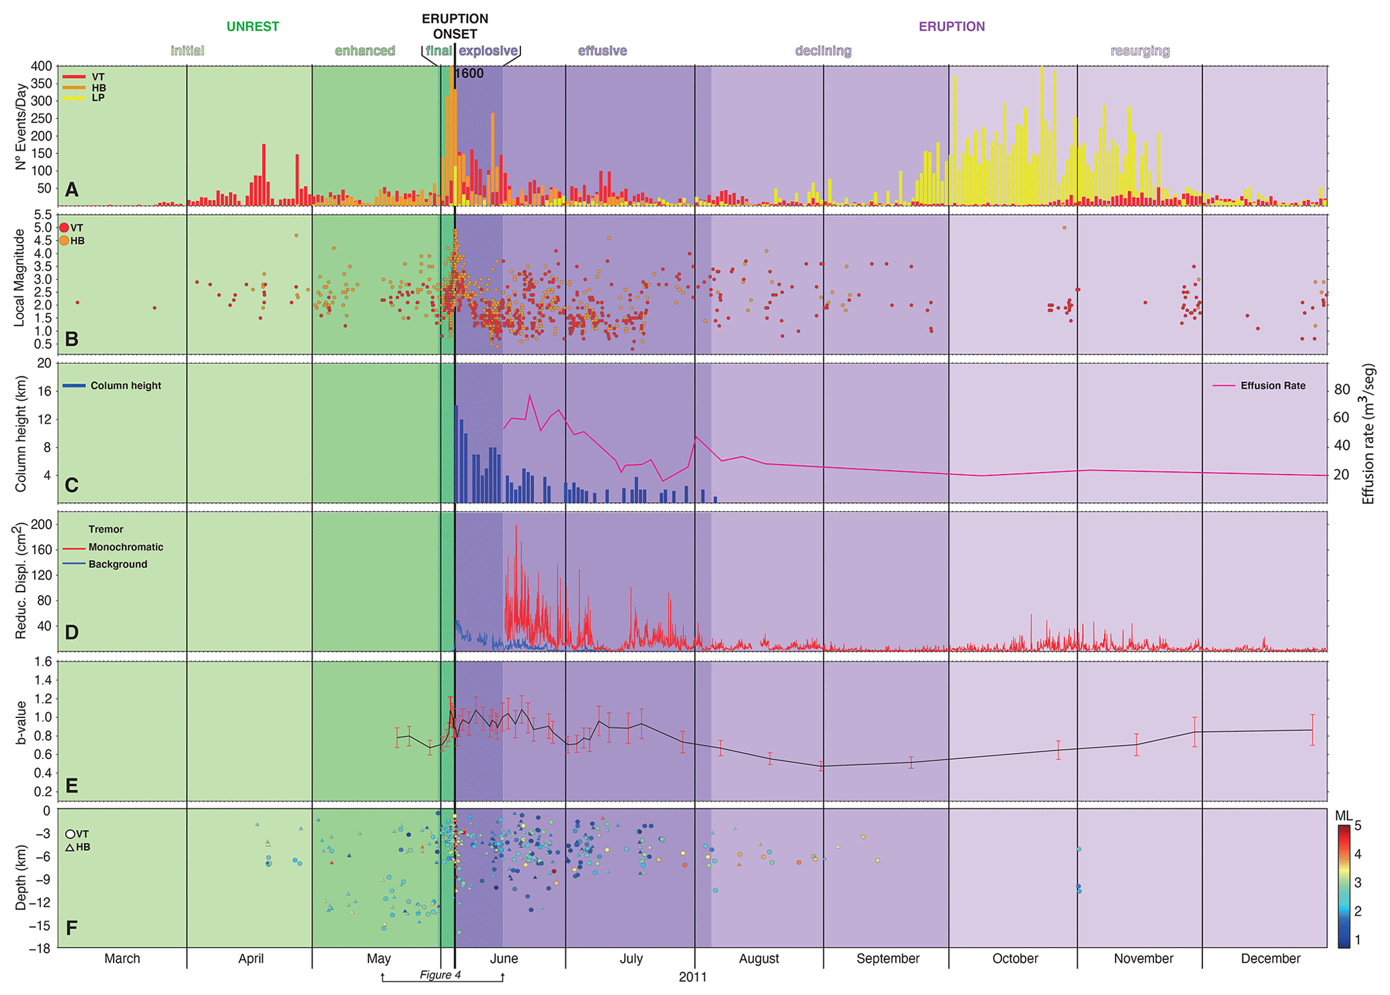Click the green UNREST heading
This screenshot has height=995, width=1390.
(252, 27)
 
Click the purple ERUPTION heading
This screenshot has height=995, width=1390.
(952, 27)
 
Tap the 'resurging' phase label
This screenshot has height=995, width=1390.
(1140, 51)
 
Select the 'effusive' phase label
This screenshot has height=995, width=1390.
(603, 51)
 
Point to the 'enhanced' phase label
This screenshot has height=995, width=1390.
(365, 51)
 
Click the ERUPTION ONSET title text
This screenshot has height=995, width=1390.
(455, 26)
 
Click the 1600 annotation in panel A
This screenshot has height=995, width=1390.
(469, 74)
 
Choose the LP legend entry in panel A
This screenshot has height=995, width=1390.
(98, 98)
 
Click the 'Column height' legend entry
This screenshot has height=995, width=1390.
(126, 386)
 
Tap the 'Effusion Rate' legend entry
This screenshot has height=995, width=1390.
(1272, 386)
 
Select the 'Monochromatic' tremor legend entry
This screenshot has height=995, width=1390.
(126, 547)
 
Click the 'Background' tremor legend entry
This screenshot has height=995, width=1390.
(118, 564)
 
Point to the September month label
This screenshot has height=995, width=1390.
(888, 959)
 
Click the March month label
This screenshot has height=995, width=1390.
(122, 959)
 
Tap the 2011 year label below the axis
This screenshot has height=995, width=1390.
(693, 977)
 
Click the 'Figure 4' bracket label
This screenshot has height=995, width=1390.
(440, 975)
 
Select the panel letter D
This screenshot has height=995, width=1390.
(71, 633)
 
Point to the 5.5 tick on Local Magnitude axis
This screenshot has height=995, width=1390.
(42, 215)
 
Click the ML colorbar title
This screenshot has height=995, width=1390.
(1343, 816)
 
